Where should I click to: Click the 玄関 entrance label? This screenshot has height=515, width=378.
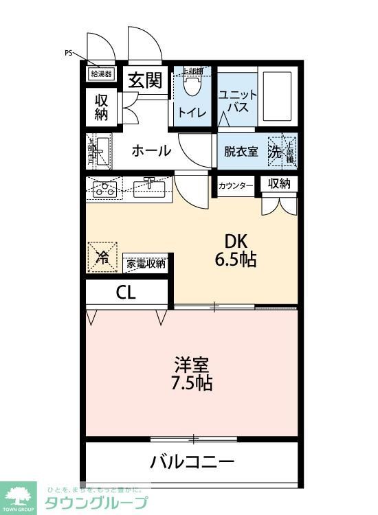coord(146,81)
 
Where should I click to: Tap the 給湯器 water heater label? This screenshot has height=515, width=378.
coord(101,73)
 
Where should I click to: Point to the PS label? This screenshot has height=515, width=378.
coord(68,52)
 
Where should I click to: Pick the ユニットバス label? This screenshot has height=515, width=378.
coord(238,102)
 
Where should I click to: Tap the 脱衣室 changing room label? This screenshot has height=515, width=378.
coord(241,152)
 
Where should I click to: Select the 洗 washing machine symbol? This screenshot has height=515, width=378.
coord(275,152)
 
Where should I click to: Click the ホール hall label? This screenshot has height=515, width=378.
coord(151,151)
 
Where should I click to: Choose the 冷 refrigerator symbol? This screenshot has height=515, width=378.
coord(102,258)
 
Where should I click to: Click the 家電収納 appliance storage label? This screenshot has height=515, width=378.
coord(146,263)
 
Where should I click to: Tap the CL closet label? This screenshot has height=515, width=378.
coord(126,292)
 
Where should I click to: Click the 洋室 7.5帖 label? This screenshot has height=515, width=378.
coord(192,373)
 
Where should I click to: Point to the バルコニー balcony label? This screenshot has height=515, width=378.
coord(192,461)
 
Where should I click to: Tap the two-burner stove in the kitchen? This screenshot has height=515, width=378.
coord(104,189)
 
